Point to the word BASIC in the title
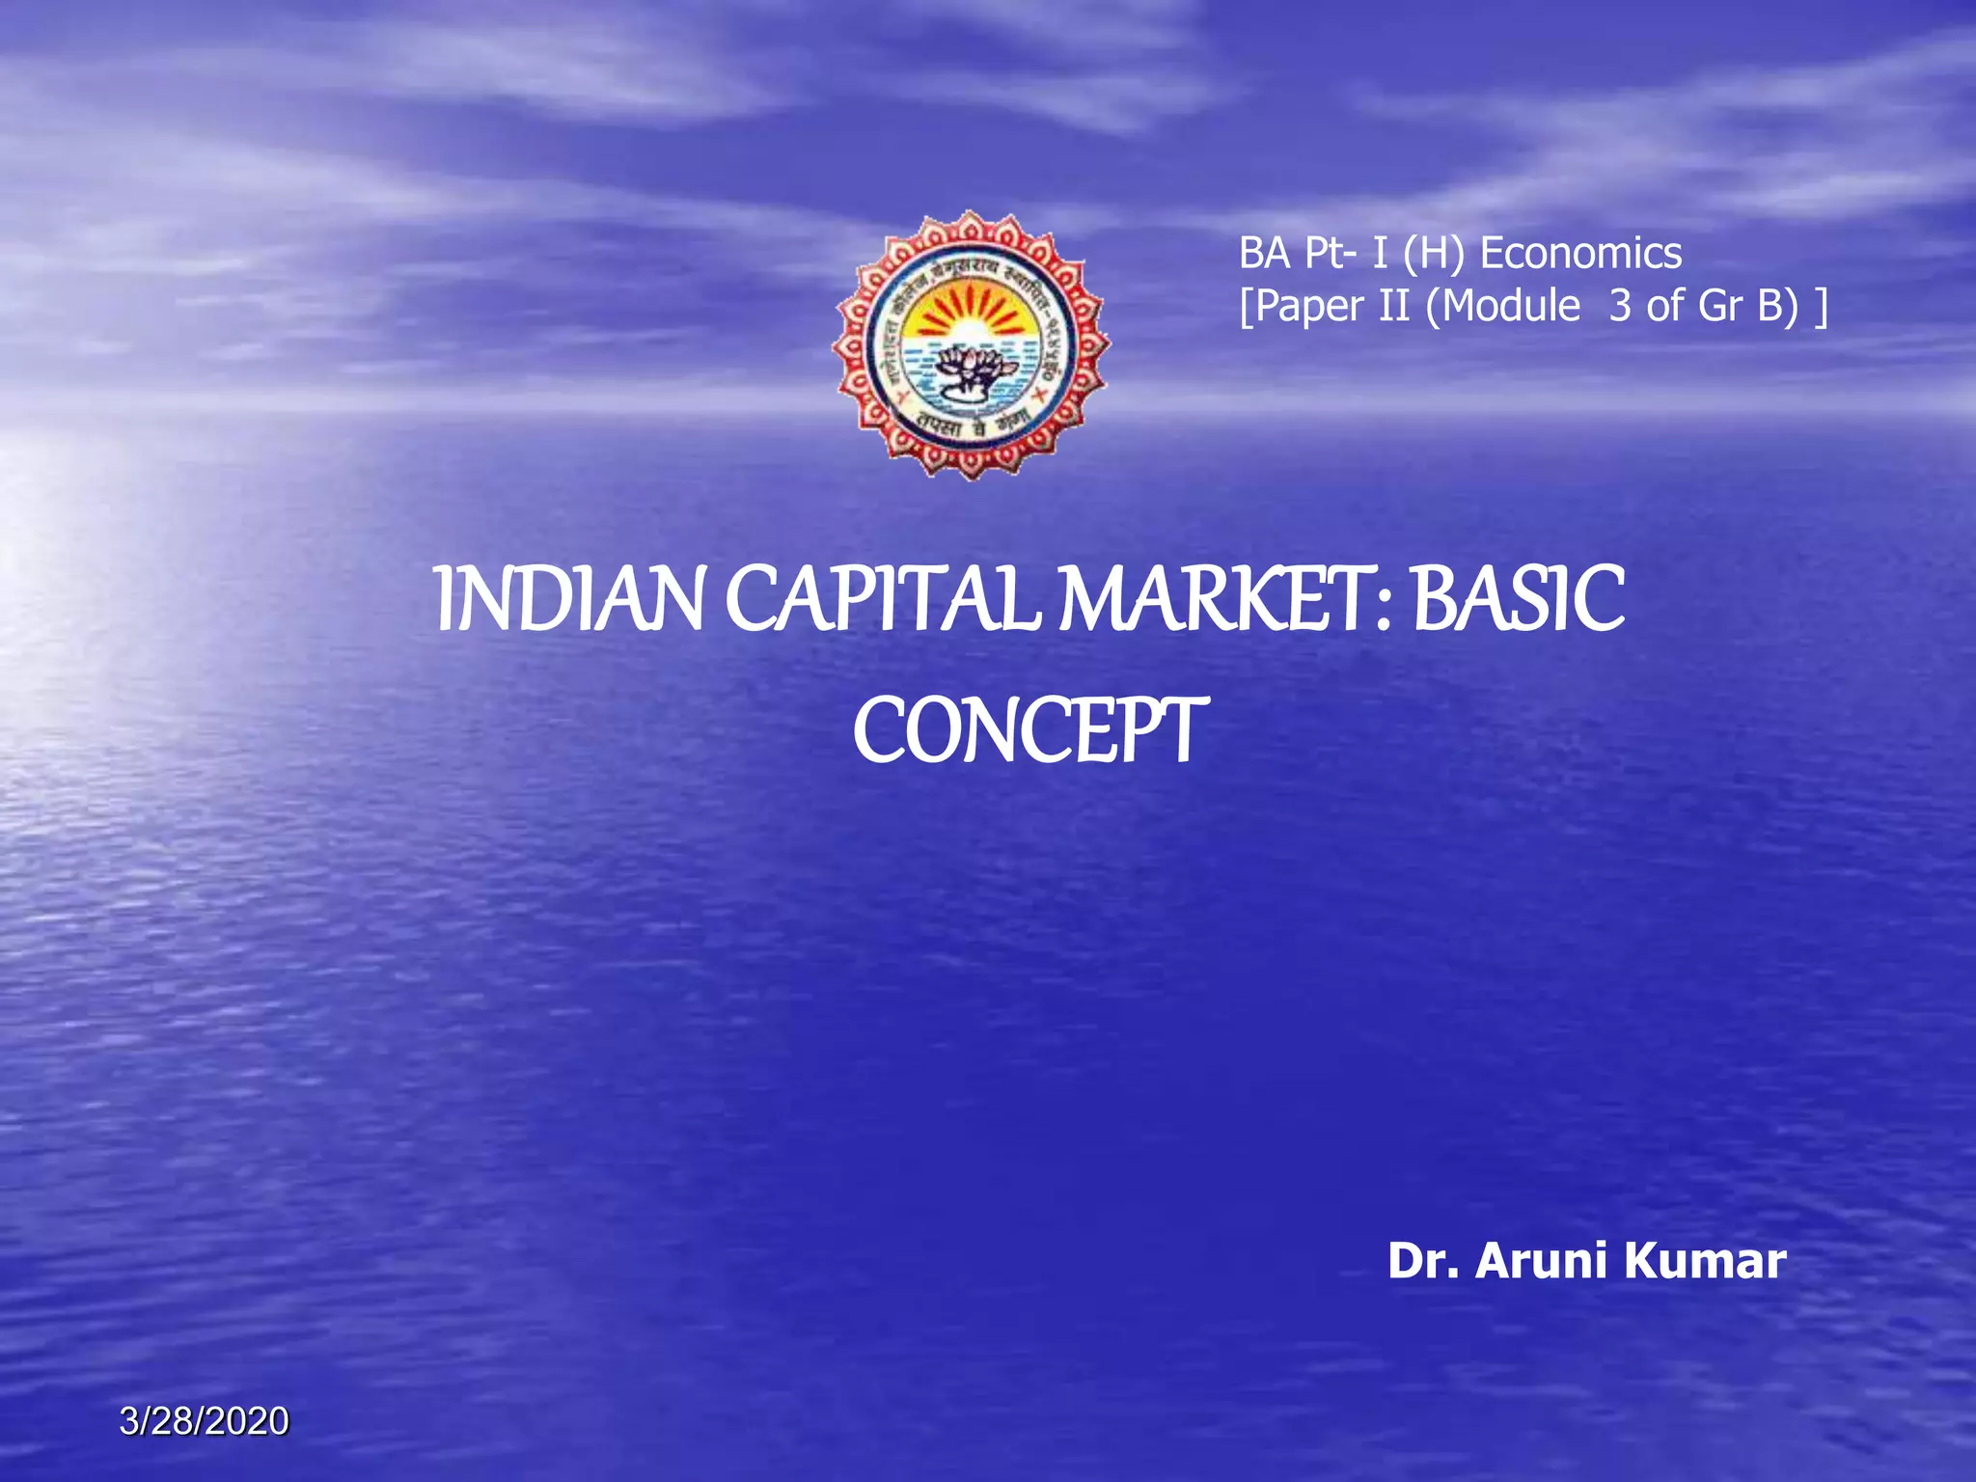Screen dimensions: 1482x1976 coord(1519,600)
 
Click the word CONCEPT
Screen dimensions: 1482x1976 coord(1029,730)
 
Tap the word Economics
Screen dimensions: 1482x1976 coord(1581,254)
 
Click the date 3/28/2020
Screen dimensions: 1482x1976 coord(205,1421)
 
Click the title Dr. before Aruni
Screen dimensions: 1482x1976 coord(1423,1261)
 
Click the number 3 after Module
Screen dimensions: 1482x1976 coord(1620,307)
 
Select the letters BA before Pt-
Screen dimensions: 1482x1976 coord(1265,254)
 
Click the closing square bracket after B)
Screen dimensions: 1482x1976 coord(1820,308)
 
